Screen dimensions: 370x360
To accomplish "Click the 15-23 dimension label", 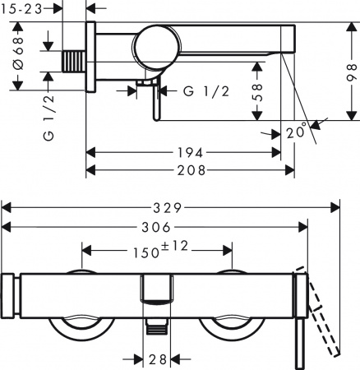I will coord(23,10).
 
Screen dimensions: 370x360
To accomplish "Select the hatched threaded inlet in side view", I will coord(76,62).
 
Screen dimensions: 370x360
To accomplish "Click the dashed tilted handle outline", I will coord(325,317).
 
